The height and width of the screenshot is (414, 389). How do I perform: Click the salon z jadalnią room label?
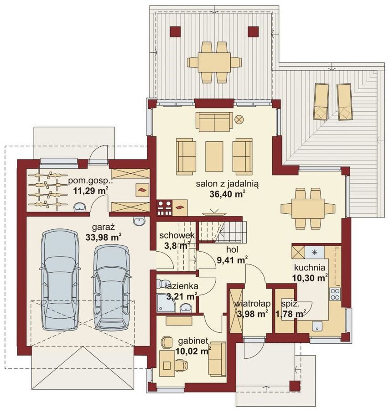[227, 184]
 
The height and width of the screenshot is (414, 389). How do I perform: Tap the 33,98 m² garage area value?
[103, 238]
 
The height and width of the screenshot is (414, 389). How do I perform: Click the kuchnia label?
[310, 268]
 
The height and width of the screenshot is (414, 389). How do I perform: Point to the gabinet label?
[193, 341]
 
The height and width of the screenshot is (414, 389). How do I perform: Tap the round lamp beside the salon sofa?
[239, 119]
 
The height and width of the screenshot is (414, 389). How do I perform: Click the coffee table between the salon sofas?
[214, 156]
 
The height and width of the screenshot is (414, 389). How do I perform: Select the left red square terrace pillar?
[175, 31]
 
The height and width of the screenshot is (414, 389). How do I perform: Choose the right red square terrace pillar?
[253, 31]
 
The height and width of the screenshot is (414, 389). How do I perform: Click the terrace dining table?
[214, 62]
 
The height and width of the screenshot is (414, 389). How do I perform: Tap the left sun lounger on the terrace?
[321, 102]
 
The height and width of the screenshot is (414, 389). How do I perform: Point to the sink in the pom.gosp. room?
[80, 207]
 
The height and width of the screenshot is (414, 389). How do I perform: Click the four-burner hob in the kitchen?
[335, 294]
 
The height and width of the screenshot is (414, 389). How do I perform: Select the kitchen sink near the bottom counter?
[317, 326]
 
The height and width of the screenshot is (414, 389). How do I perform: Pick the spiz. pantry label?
[290, 304]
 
